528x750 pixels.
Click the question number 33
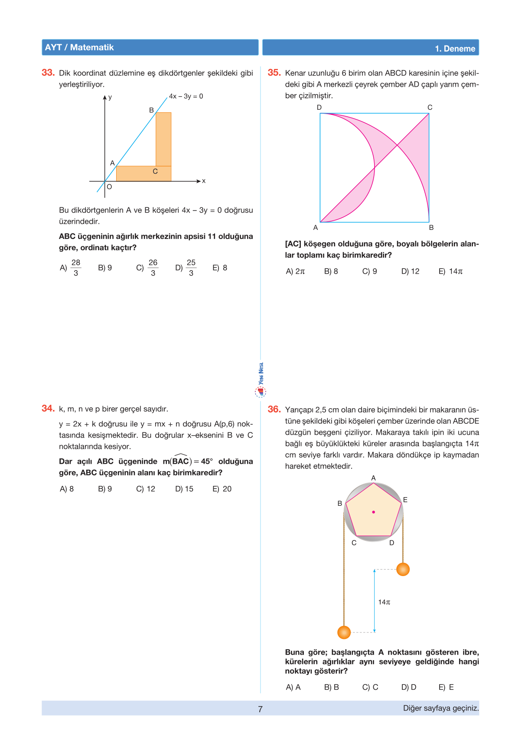(48, 73)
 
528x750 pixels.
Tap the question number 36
(274, 409)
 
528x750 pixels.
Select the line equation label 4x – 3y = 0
(186, 96)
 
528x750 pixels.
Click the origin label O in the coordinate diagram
(109, 187)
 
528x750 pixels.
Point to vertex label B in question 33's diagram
(151, 110)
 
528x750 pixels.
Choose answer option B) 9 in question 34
(105, 489)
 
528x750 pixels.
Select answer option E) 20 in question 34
(222, 489)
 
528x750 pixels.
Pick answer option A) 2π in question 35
(295, 272)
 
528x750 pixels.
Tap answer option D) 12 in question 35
(410, 272)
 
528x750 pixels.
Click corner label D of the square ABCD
(319, 108)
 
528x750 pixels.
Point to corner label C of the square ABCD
(430, 108)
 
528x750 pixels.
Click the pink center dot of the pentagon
(374, 512)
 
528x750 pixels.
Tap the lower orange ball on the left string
(344, 632)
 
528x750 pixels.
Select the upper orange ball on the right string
(403, 569)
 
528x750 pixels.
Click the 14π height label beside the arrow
(384, 602)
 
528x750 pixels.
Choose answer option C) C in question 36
(370, 688)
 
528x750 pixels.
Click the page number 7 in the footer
(260, 709)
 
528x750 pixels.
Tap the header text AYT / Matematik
(79, 48)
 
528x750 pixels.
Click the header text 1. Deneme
(455, 49)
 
